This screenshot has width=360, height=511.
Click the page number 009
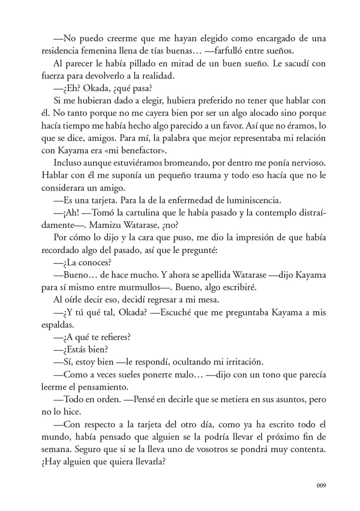click(x=321, y=485)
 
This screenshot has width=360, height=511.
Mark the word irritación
click(x=238, y=362)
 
